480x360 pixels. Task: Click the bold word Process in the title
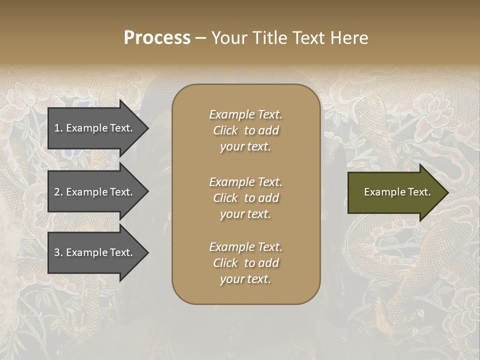157,38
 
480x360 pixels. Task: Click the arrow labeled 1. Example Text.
95,128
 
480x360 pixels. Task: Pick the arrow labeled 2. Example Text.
95,192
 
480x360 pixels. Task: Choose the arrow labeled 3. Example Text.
95,252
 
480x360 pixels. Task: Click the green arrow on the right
395,192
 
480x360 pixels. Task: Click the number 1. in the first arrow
58,128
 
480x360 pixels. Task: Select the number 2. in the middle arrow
58,192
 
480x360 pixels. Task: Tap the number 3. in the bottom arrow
58,252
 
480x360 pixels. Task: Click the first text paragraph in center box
245,130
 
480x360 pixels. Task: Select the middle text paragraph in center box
245,198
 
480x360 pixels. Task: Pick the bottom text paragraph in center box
245,263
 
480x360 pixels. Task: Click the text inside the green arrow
397,192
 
